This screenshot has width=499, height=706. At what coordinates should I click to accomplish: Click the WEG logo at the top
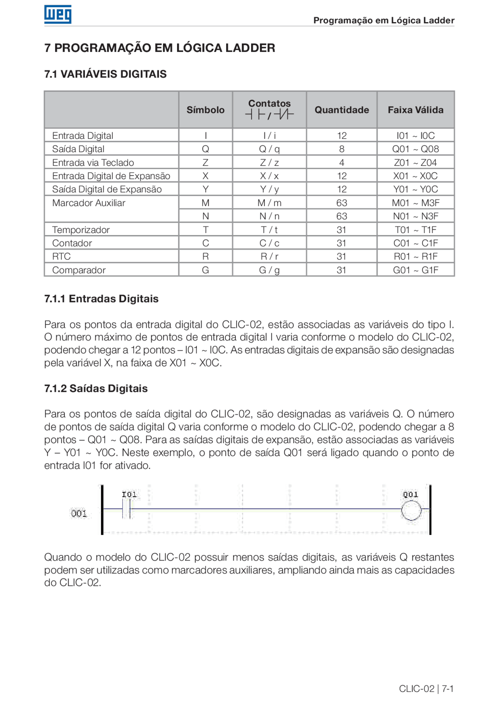pos(58,14)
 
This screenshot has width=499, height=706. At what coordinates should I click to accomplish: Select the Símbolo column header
pos(205,110)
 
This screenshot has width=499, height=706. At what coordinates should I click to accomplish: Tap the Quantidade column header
pos(342,110)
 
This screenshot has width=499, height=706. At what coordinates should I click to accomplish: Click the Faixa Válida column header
pos(416,110)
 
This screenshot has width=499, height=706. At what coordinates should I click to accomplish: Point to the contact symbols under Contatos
pos(269,115)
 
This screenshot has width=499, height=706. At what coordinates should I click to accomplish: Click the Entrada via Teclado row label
pos(93,163)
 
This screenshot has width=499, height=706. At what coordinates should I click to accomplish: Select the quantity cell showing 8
pos(342,149)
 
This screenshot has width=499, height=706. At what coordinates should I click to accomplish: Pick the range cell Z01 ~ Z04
pos(416,163)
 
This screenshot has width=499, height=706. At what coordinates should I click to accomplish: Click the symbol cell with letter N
pos(205,216)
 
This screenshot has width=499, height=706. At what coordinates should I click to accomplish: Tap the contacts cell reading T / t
pos(269,230)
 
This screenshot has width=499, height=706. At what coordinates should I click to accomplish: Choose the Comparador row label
pos(79,270)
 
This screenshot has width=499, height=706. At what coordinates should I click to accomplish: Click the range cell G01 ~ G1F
pos(416,270)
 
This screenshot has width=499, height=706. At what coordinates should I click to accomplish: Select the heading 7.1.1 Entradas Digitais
pos(101,299)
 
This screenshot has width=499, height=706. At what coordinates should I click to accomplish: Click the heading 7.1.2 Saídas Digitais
pos(96,388)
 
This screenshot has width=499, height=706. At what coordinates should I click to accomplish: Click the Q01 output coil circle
pos(411,510)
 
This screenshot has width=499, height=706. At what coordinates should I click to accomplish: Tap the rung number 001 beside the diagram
pos(79,513)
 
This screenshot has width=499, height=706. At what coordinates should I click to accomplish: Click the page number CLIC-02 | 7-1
pos(426,688)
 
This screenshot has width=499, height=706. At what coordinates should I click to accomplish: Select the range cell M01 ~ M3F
pos(416,203)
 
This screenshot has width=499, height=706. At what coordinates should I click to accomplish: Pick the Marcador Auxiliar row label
pos(88,203)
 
